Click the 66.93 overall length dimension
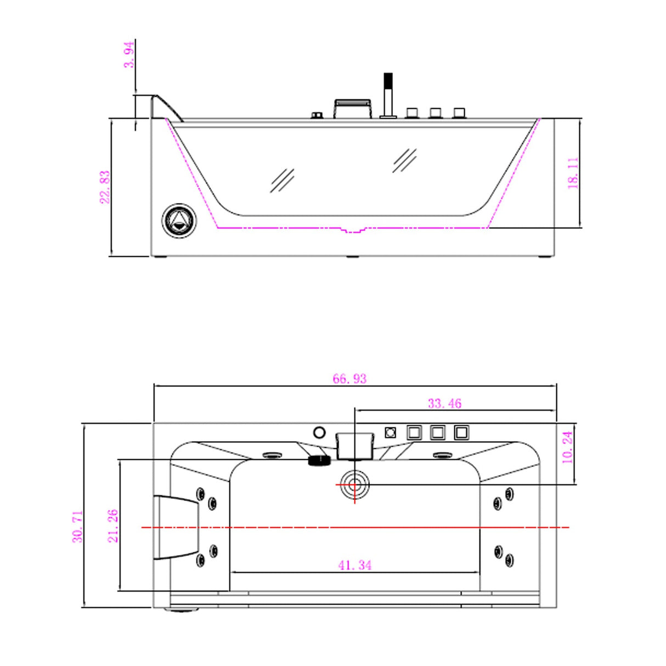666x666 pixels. (349, 379)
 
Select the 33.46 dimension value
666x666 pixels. (444, 404)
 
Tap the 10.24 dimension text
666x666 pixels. (568, 447)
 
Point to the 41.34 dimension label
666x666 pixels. (355, 565)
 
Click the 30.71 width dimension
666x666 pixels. (78, 527)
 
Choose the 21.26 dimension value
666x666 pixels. (113, 526)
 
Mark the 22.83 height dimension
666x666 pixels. (104, 187)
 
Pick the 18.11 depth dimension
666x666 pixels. (573, 173)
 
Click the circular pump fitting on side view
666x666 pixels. (179, 221)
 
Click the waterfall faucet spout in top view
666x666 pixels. (355, 445)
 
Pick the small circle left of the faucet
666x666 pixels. (319, 433)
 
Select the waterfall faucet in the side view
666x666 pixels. (353, 108)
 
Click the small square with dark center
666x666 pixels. (390, 433)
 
